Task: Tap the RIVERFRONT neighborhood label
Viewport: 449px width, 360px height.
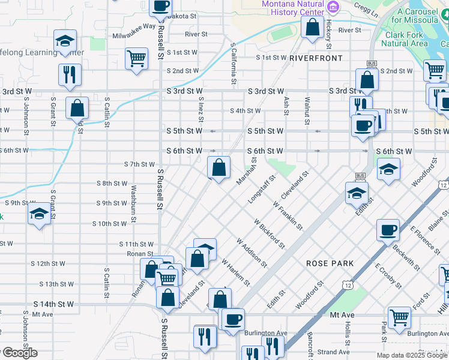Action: click(x=316, y=58)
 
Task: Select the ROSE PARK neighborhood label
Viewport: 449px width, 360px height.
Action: click(x=330, y=263)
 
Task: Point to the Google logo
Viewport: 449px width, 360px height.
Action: click(x=19, y=353)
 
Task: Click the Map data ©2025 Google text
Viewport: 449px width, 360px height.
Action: click(x=412, y=355)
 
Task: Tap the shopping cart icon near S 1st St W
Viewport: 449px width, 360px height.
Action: click(x=137, y=59)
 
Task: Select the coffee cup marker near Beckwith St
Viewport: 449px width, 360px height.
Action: click(x=388, y=229)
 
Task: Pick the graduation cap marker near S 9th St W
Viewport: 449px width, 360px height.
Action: click(x=39, y=214)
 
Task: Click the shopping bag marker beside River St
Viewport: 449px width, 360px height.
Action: click(x=312, y=28)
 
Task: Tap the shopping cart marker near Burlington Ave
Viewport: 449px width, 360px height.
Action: click(x=399, y=318)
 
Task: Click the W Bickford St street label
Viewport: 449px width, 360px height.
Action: click(x=269, y=233)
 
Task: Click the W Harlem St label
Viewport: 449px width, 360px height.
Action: click(x=235, y=272)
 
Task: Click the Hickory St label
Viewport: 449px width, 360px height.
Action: click(x=328, y=34)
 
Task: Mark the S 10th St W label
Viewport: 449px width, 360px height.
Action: click(x=110, y=223)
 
